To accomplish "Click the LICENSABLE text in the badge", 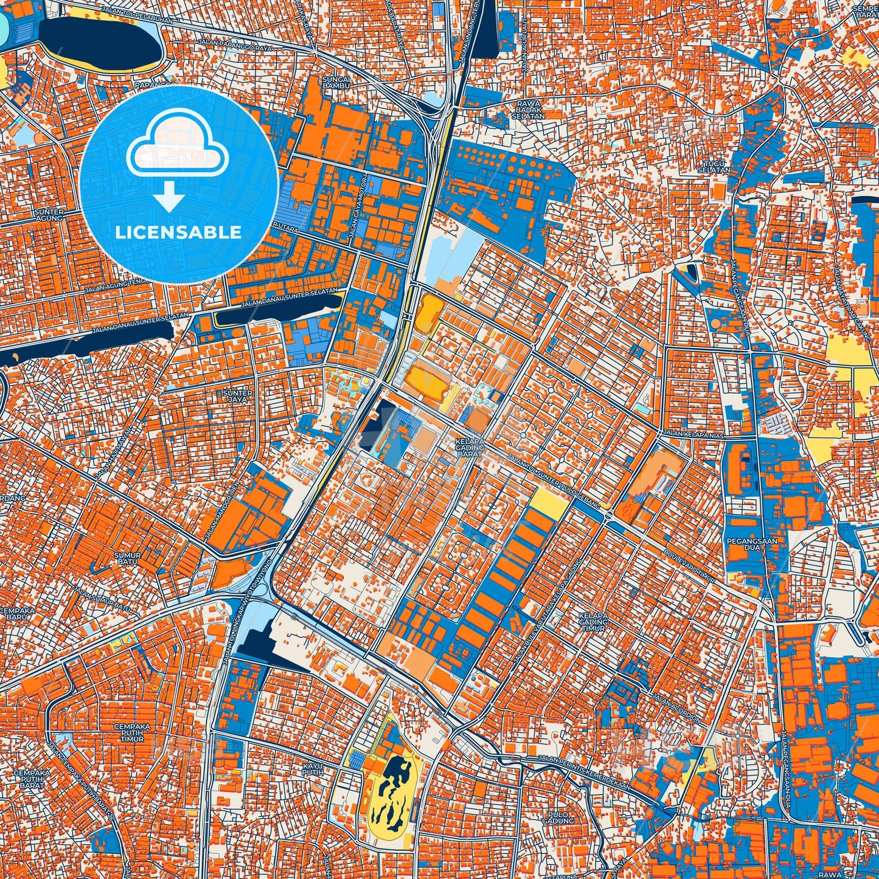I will (178, 232).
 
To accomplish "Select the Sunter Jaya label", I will (238, 397).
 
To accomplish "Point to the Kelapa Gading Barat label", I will (470, 448).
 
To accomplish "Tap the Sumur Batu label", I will (128, 558).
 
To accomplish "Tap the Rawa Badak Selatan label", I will (527, 109).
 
